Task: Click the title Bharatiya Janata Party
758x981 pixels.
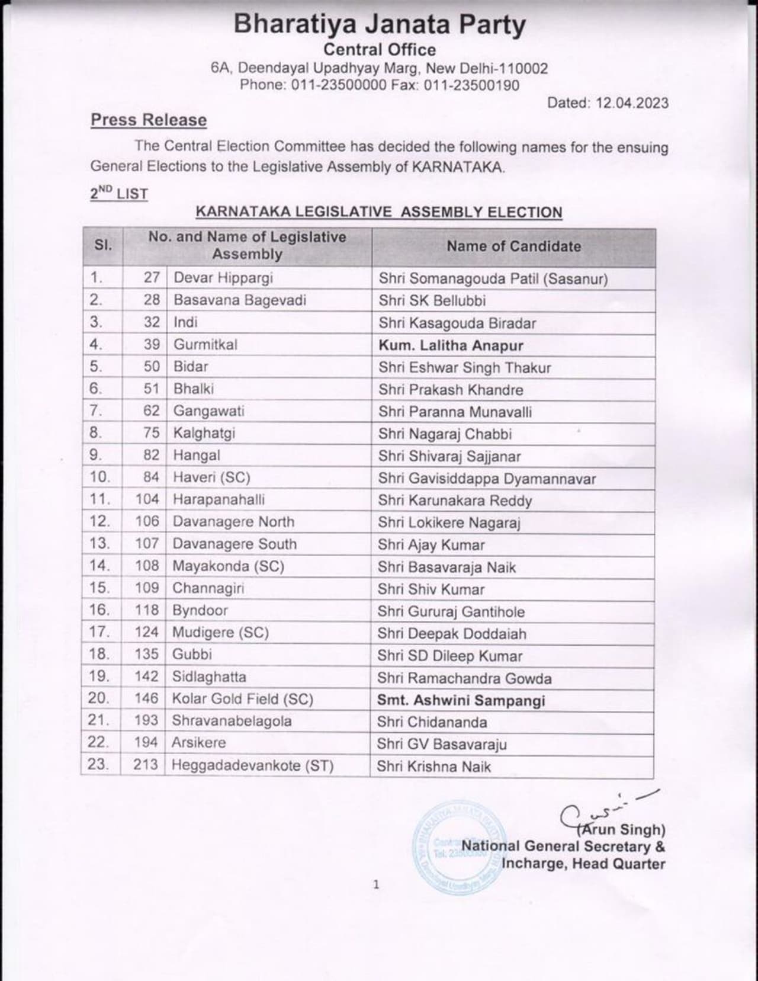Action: (x=379, y=25)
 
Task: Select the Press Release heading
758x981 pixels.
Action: (x=149, y=120)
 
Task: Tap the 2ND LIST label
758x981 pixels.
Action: (x=119, y=194)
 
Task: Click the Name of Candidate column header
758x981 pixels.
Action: (x=513, y=246)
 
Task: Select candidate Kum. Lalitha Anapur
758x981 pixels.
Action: (x=451, y=345)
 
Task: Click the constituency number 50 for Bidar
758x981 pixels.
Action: (x=152, y=367)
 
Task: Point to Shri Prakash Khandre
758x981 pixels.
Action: (x=451, y=390)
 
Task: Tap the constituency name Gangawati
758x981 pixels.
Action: (x=208, y=411)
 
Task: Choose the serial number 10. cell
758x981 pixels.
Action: (x=100, y=477)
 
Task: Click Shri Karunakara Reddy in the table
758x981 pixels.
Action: (x=455, y=501)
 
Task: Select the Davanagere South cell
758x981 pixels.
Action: (x=235, y=544)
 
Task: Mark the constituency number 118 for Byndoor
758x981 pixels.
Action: (x=147, y=610)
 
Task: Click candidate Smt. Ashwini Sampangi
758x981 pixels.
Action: (x=461, y=700)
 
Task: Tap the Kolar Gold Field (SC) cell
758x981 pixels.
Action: (x=242, y=699)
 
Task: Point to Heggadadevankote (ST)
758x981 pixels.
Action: (x=252, y=765)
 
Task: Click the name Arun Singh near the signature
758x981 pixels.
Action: (x=623, y=829)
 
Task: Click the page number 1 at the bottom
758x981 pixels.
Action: (x=376, y=885)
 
